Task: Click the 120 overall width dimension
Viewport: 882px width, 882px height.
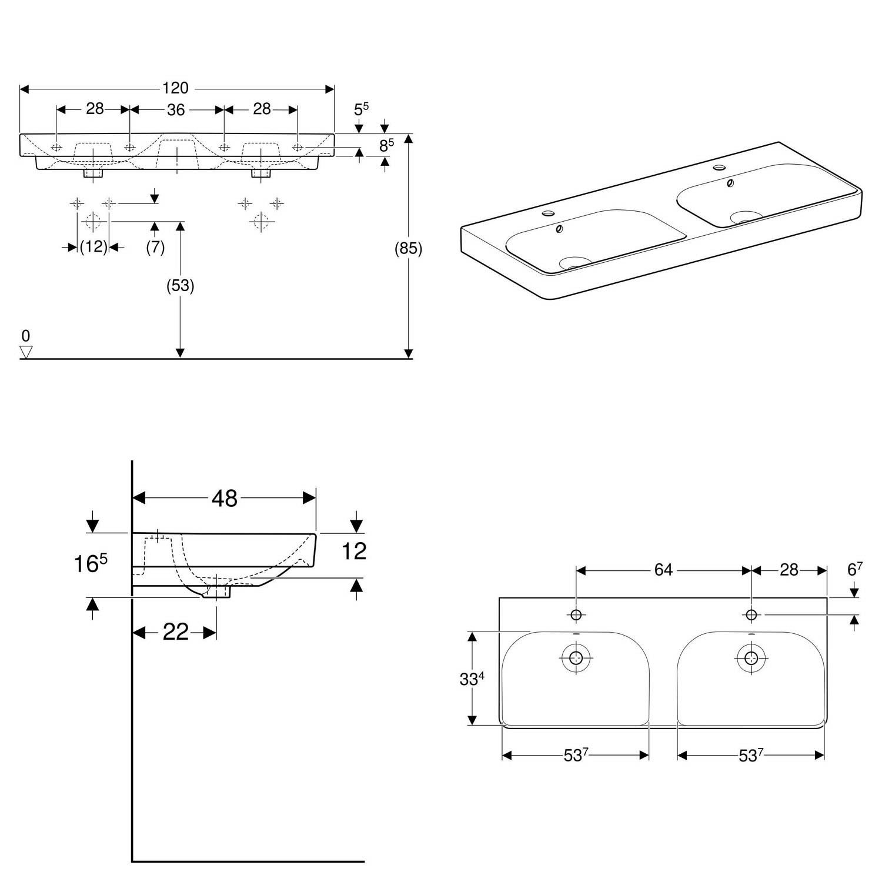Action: point(175,88)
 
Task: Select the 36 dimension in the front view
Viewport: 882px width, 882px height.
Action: point(176,110)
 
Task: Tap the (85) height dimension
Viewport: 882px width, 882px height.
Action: point(408,249)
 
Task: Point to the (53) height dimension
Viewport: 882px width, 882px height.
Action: point(180,286)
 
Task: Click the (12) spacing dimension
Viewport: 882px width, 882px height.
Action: point(93,247)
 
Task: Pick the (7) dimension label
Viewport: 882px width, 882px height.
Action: point(155,247)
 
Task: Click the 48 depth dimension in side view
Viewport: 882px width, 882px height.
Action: point(225,499)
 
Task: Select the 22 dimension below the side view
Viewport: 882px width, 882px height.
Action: point(175,632)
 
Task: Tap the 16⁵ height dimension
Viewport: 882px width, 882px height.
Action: point(90,563)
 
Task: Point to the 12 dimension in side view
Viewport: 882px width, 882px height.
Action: point(354,551)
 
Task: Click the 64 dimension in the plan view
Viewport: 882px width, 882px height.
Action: point(663,570)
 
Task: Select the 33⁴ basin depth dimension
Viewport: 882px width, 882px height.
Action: point(472,679)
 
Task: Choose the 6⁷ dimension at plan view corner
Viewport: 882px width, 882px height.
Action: point(855,569)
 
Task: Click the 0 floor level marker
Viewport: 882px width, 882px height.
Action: point(25,336)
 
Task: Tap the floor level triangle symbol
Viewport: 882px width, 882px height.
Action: point(26,352)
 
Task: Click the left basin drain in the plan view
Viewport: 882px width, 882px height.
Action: point(576,657)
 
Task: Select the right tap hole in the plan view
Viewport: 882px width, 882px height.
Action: point(751,614)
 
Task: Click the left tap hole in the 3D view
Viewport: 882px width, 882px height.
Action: point(550,212)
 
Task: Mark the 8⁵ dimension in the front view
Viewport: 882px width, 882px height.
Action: point(386,145)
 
